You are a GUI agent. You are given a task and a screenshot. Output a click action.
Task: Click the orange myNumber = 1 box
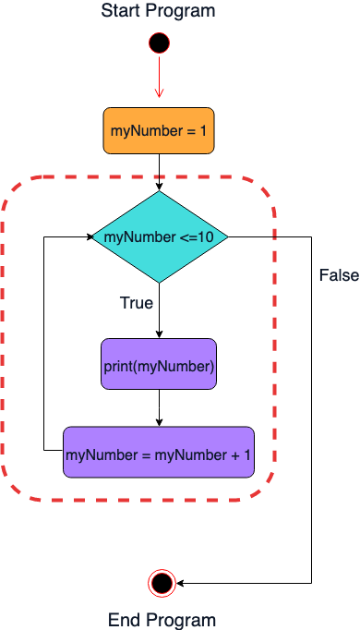[158, 131]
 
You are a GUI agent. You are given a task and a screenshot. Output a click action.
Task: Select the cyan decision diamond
[160, 236]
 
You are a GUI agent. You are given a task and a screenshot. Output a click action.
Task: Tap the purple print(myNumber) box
[159, 365]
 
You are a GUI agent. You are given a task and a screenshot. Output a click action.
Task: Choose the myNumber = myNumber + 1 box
[159, 453]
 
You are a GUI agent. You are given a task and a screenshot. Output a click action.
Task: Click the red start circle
[159, 42]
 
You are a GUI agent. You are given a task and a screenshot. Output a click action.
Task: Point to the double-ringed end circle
[162, 583]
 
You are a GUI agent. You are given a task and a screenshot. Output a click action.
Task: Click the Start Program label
[158, 11]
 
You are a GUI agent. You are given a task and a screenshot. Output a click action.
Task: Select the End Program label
[162, 620]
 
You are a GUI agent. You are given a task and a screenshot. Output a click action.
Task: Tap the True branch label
[137, 303]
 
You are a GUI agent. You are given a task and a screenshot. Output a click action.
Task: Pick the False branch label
[339, 275]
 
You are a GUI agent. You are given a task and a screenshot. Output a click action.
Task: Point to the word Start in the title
[121, 11]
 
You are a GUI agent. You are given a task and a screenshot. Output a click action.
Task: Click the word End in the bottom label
[124, 620]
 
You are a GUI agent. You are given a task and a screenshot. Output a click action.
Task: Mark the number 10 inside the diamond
[206, 237]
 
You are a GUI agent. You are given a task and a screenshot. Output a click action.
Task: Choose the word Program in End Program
[180, 620]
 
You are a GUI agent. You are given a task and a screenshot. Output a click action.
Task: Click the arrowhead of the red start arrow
[159, 93]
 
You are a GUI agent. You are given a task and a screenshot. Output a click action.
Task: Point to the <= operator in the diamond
[187, 237]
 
